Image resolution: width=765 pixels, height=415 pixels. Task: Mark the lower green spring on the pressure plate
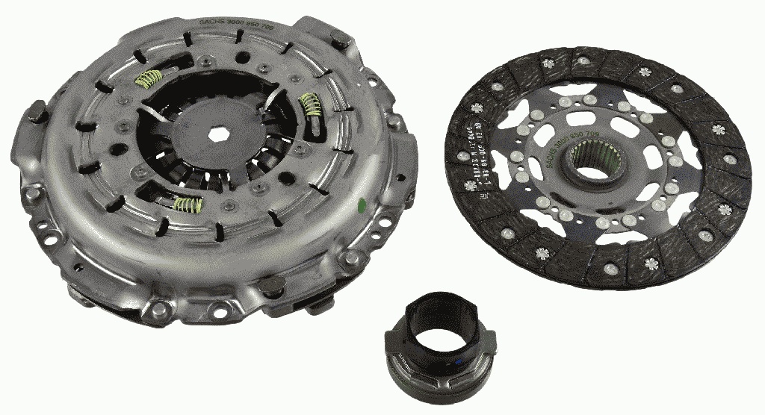(x=187, y=204)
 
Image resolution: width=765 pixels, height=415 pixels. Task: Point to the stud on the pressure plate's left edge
(x=37, y=116)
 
